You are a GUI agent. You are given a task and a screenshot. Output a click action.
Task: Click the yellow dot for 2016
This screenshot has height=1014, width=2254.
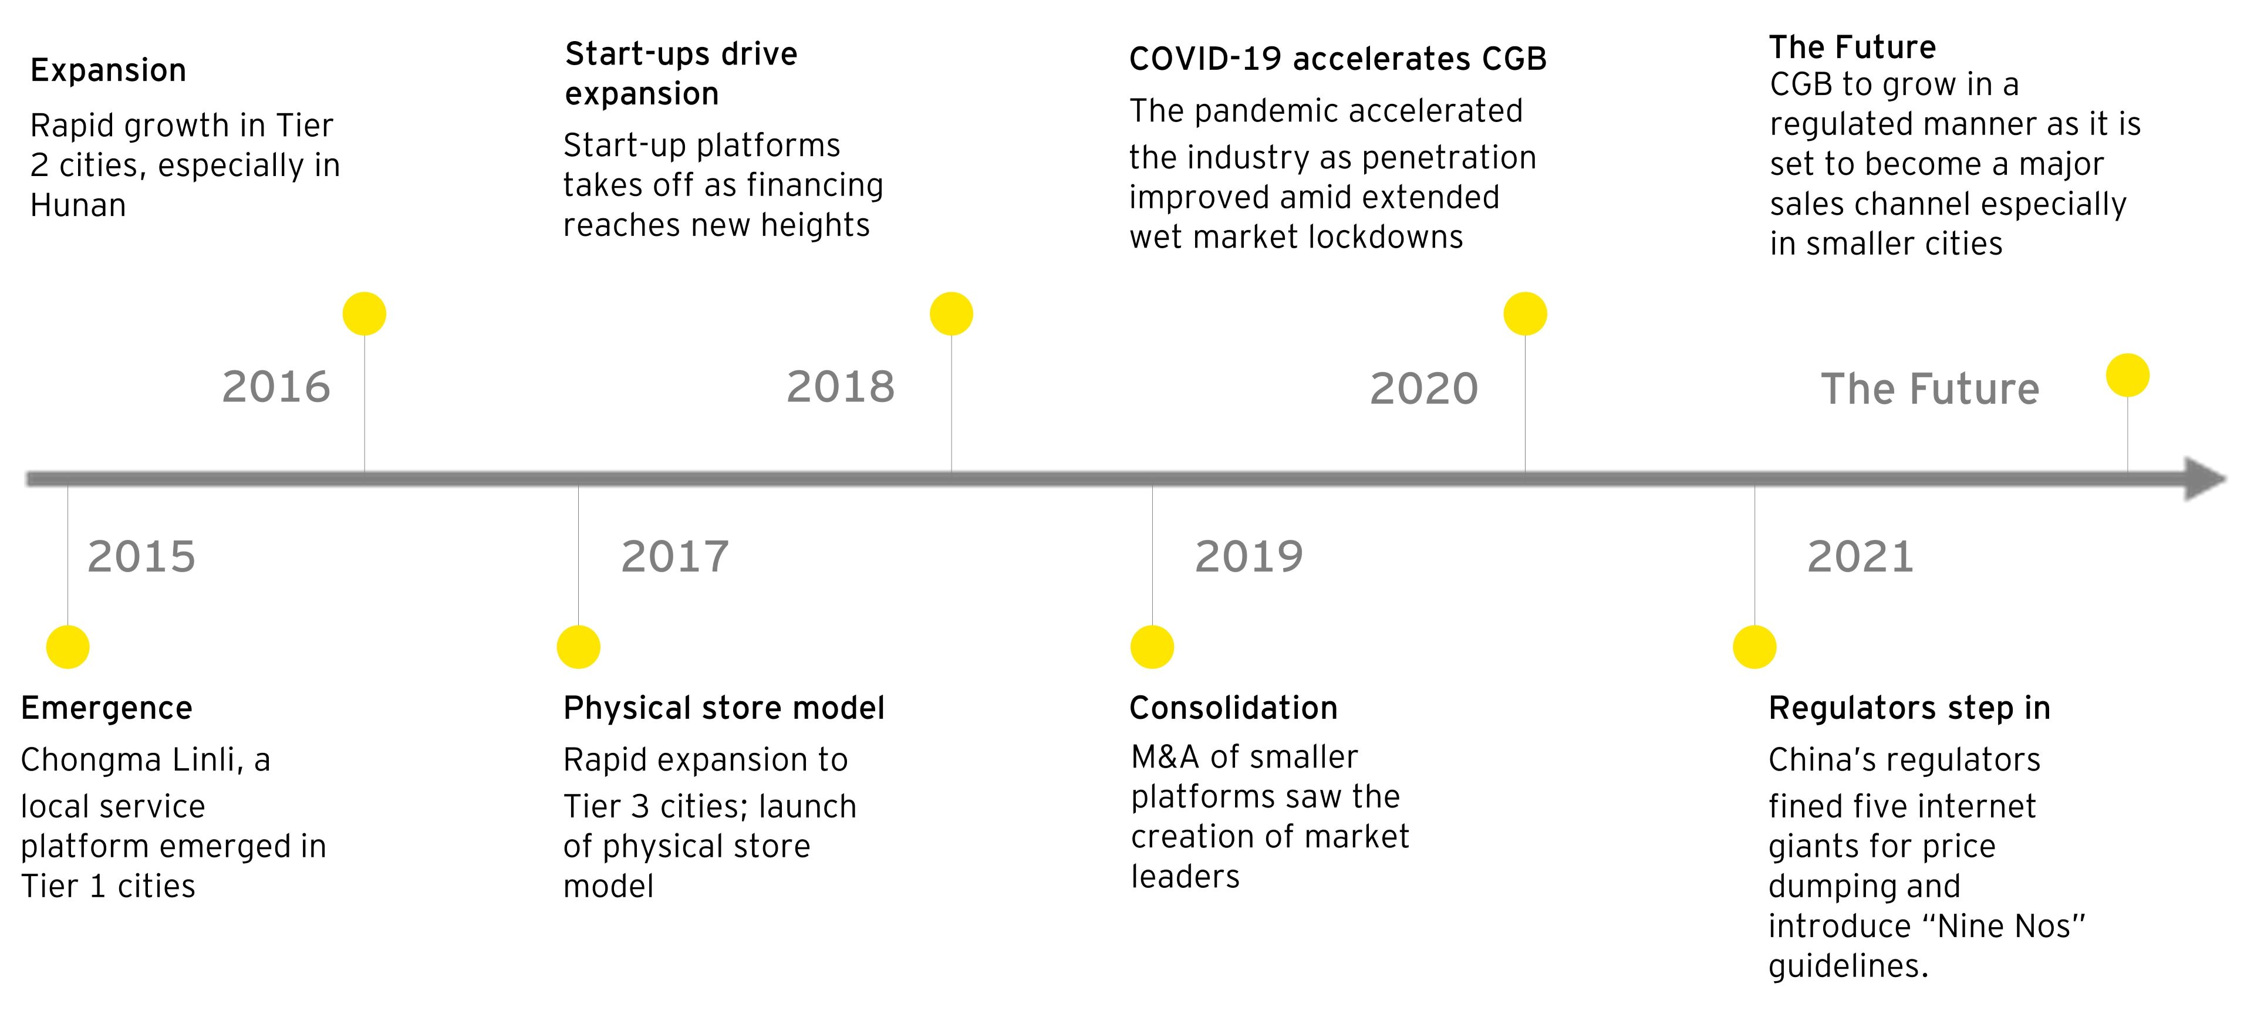coord(364,314)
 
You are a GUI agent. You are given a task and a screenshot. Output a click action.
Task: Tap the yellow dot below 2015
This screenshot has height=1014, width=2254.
coord(68,647)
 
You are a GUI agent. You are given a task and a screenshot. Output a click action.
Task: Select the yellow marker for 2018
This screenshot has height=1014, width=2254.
coord(951,314)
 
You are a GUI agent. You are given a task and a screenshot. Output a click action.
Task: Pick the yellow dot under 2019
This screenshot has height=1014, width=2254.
coord(1152,647)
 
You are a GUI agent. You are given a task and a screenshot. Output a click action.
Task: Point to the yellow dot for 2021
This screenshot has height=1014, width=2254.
coord(1754,647)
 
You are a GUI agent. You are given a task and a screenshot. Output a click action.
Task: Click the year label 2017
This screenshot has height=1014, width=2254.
coord(674,556)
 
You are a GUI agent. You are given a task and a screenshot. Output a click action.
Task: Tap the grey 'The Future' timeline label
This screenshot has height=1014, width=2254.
coord(1929,388)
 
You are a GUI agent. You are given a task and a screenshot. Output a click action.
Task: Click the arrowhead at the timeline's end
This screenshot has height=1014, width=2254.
coord(2205,479)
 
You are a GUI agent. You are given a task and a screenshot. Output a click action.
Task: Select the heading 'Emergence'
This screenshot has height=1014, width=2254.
coord(107,708)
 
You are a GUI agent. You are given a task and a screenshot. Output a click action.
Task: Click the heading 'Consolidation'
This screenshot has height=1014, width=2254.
coord(1234,708)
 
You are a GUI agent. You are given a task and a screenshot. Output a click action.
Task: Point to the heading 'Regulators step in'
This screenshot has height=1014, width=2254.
coord(1909,708)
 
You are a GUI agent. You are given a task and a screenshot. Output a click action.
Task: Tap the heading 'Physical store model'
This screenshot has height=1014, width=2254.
coord(724,708)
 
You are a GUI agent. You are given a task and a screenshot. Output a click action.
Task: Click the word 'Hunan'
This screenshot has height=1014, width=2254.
coord(78,205)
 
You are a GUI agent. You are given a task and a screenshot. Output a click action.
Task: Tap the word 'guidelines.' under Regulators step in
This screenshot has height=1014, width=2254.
coord(1848,966)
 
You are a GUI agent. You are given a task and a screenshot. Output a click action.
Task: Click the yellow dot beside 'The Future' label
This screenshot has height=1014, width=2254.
coord(2127,376)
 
